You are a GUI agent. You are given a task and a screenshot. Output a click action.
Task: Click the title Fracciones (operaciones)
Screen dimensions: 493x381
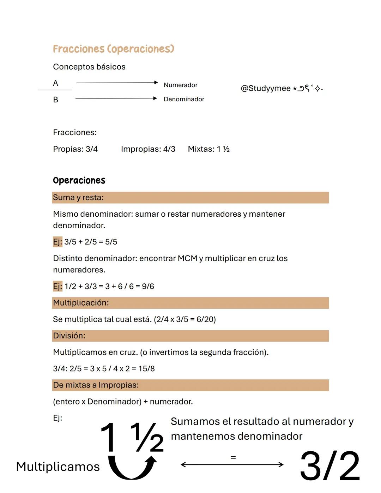(113, 49)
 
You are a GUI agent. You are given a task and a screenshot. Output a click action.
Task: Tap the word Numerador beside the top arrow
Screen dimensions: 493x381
(180, 85)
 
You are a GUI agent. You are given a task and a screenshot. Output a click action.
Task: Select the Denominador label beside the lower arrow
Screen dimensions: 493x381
(184, 99)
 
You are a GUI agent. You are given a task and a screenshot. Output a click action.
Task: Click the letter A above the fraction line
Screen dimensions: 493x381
(55, 83)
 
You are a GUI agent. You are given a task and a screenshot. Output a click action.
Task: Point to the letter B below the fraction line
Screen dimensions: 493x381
(55, 100)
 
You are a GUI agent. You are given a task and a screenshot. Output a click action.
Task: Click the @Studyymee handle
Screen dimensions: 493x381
(265, 88)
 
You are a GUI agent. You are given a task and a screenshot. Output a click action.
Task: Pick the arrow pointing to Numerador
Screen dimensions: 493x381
(117, 83)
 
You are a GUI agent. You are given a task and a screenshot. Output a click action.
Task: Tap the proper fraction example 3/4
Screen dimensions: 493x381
(92, 149)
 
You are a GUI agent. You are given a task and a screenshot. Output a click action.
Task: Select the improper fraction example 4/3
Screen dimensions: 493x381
(169, 149)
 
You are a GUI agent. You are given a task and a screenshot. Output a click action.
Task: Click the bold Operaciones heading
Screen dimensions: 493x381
(79, 180)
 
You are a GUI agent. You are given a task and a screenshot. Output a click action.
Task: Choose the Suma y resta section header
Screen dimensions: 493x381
(78, 198)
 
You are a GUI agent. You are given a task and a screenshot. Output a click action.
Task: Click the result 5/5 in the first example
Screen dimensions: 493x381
(111, 242)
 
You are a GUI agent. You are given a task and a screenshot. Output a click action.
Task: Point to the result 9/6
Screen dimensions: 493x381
(148, 286)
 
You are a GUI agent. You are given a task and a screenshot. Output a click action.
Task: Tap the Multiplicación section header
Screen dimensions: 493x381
(81, 303)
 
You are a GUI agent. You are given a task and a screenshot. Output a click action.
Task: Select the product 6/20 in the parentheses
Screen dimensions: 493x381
(205, 319)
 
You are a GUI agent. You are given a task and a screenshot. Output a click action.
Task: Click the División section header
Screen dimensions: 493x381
(69, 336)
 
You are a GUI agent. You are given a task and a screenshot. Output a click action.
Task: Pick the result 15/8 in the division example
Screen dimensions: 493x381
(146, 369)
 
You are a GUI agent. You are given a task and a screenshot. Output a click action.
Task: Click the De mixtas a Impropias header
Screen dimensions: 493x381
(96, 385)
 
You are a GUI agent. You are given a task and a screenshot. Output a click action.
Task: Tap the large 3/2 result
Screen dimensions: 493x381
(329, 466)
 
